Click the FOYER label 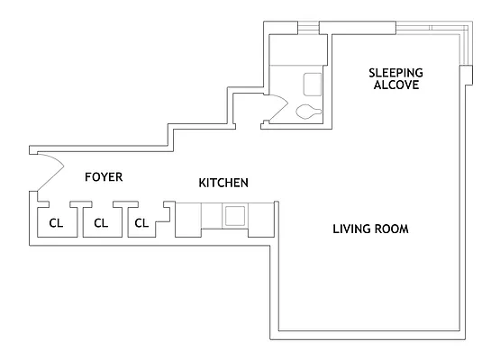[104, 176]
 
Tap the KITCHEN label [223, 183]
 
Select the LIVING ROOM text [371, 229]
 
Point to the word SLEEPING [395, 72]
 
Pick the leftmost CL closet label [56, 222]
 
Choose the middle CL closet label [101, 222]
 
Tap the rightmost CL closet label [141, 222]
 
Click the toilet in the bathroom [307, 112]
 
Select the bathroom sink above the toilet [313, 84]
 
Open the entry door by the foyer [50, 166]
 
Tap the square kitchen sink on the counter [235, 215]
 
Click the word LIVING [352, 229]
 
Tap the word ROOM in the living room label [393, 229]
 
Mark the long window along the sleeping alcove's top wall [396, 27]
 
